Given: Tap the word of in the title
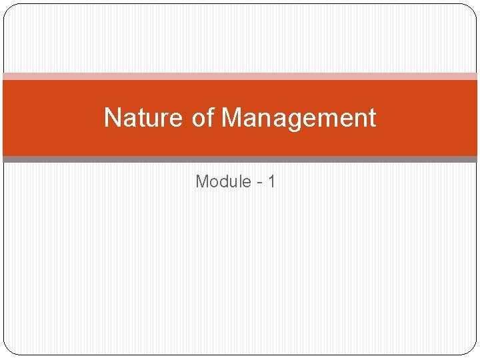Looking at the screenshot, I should pos(202,118).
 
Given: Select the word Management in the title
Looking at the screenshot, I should pos(299,118).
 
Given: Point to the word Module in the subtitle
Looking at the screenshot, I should pos(223,181).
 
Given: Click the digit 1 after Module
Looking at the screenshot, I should pos(271,181).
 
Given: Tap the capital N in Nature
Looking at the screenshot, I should pos(112,118).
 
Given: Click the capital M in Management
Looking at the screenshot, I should pos(231,118).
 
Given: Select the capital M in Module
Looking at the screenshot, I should pos(202,181).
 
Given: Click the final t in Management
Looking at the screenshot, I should pos(372,118).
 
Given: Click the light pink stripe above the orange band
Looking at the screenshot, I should pos(240,77).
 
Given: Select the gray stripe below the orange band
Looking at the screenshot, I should pos(240,159).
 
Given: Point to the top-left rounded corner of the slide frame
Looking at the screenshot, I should pos(8,9).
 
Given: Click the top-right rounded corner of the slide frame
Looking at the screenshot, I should pos(472,9).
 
